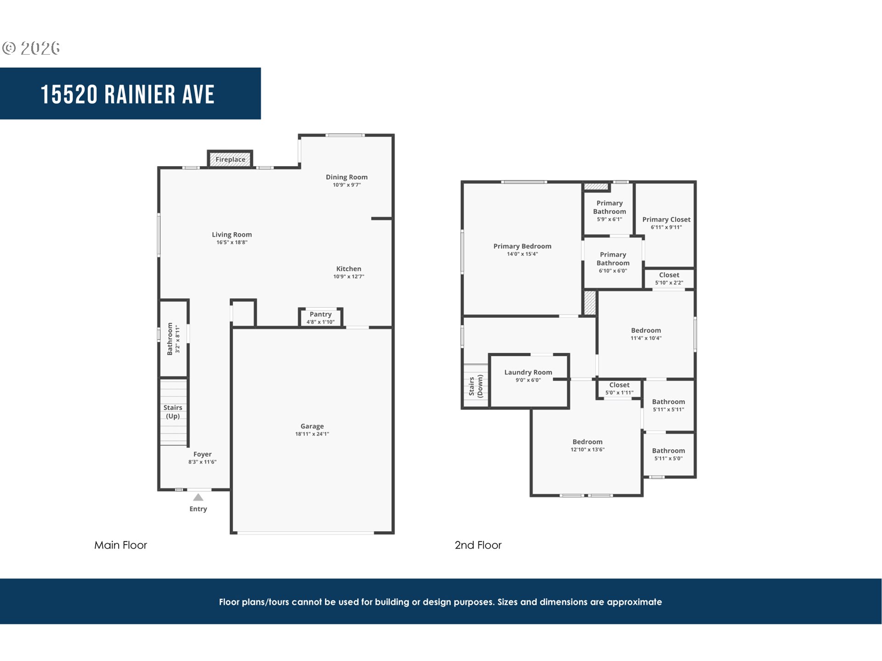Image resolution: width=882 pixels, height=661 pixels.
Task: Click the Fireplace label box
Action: coord(230,159)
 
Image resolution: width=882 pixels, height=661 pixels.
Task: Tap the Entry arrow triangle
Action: coord(198,498)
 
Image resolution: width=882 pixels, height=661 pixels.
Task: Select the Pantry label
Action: coord(320,314)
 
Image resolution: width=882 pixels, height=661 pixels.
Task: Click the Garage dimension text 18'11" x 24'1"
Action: coord(312,434)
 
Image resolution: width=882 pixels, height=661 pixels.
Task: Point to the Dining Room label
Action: coord(346,177)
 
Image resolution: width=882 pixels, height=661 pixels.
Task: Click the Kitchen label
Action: coord(349,269)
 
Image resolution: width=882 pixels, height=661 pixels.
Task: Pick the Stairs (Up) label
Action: coord(173,412)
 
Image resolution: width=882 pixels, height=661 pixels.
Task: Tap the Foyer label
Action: coord(202,454)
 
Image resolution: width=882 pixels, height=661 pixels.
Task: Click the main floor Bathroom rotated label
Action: coord(170,339)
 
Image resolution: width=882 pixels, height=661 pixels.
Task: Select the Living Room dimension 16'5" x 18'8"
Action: coord(232,242)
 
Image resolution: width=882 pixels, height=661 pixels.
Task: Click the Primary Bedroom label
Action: coord(522,246)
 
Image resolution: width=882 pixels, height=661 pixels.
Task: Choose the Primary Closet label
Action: coord(666,220)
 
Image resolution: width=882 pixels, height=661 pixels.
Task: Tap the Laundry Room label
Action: coord(528,373)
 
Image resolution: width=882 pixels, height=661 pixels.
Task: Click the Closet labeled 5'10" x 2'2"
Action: coord(669,278)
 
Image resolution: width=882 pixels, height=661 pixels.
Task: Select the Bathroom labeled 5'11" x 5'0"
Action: coord(668,454)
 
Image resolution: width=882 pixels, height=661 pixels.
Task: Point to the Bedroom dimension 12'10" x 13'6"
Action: coord(587,450)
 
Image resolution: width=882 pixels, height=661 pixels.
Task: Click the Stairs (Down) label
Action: coord(475,386)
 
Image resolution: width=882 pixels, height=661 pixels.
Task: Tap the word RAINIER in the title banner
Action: coord(140,95)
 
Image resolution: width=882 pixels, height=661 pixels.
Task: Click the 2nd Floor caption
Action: coord(478,545)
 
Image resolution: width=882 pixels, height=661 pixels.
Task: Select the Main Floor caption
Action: coord(120,545)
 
